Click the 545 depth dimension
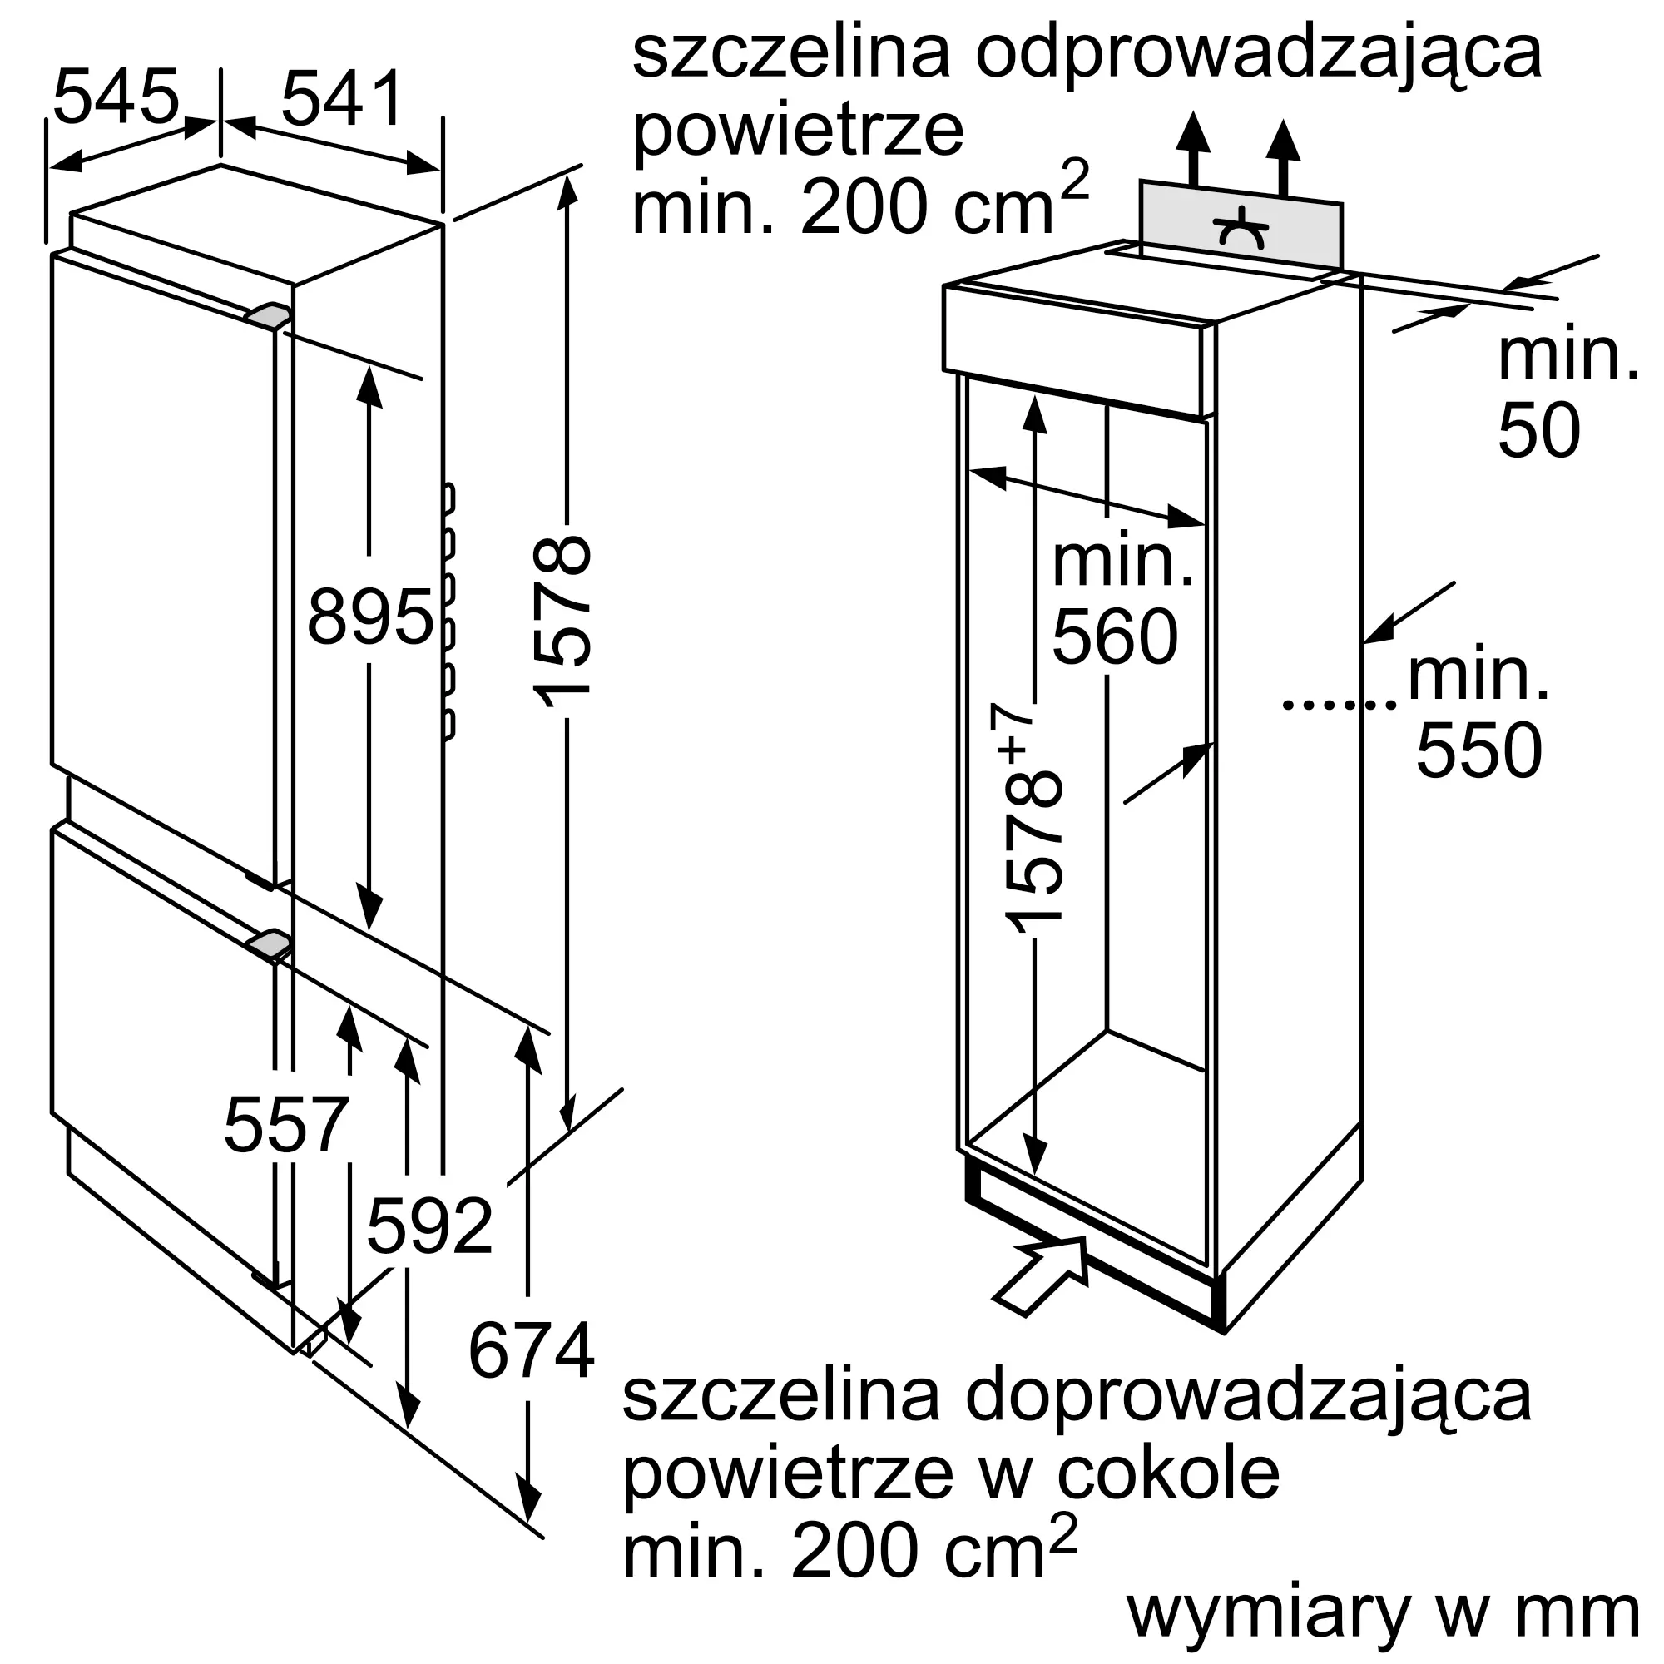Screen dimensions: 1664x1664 [x=116, y=97]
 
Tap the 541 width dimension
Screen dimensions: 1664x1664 [x=342, y=99]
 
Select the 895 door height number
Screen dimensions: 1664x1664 [x=369, y=617]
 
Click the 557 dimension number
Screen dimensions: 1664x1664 [x=285, y=1125]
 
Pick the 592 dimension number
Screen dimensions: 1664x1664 [x=429, y=1226]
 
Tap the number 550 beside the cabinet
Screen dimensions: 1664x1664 [x=1478, y=751]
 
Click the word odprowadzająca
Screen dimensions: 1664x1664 [x=1258, y=53]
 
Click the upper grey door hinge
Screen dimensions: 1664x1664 [x=268, y=314]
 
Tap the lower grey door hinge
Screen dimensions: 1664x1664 [x=269, y=945]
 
